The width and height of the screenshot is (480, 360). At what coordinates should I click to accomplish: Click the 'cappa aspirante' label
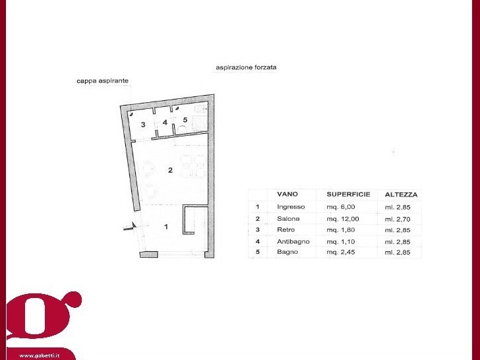coord(103,81)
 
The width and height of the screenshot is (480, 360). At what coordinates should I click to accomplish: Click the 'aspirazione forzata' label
coord(246,67)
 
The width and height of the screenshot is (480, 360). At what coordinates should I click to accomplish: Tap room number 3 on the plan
coord(143,125)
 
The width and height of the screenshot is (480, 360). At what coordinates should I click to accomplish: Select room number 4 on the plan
coord(165,123)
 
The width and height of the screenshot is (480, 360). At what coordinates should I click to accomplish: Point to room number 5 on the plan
coord(185,120)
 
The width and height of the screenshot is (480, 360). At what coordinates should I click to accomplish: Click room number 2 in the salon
coord(171,170)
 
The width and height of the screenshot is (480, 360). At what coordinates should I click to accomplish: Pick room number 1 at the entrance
coord(166,227)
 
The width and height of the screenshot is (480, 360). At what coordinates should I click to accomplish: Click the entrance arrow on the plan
coord(130,227)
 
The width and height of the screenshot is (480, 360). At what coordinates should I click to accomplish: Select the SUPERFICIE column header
coord(348,195)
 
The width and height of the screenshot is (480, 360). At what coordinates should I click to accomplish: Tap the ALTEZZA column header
coord(401,195)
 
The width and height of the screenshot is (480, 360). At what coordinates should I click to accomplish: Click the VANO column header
coord(287,194)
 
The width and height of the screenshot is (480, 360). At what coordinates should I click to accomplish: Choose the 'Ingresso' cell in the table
coord(291,207)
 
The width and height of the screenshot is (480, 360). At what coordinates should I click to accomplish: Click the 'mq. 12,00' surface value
coord(343,219)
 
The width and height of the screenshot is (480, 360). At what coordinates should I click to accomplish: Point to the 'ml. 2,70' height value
coord(398,219)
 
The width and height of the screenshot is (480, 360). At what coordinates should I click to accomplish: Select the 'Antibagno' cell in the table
coord(293,241)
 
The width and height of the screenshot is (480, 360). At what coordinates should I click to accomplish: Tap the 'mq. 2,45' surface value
coord(341,253)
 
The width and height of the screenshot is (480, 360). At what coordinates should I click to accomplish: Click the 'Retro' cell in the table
coord(285,230)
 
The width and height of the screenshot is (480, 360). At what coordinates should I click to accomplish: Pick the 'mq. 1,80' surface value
coord(341,230)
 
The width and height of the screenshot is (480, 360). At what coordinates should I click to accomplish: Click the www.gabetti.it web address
coord(39,356)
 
